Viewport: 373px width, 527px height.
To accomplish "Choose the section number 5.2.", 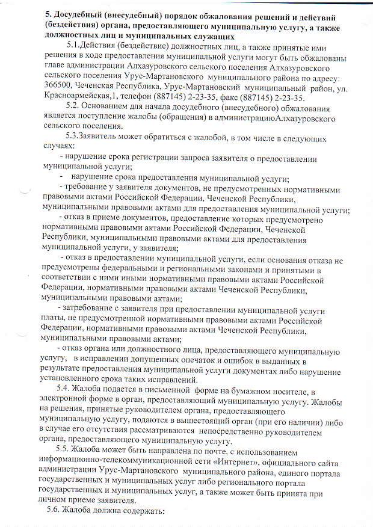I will tap(76, 108).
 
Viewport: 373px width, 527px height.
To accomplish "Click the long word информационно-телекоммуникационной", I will tap(109, 462).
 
